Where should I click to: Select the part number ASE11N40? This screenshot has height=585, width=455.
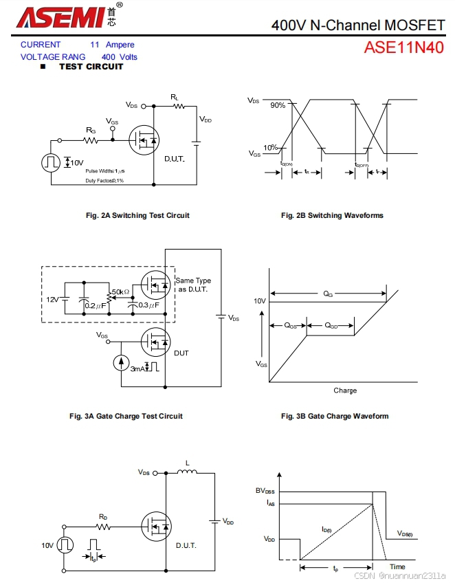(x=404, y=47)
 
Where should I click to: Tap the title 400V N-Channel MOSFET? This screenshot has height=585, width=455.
(x=357, y=25)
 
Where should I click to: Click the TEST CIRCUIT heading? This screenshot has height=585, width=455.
(x=91, y=67)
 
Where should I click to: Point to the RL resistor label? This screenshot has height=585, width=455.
(x=175, y=98)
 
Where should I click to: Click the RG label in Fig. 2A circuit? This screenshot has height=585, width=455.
(x=91, y=129)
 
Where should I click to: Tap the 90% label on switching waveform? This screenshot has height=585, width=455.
(x=278, y=105)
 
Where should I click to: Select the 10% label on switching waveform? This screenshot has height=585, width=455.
(x=271, y=147)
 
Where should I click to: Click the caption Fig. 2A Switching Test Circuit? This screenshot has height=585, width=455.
(x=137, y=215)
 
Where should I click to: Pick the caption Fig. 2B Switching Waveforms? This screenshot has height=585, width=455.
(x=332, y=215)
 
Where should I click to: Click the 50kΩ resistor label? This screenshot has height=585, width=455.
(x=121, y=292)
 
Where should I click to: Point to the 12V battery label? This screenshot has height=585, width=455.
(x=53, y=300)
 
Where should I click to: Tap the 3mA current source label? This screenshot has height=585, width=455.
(x=137, y=369)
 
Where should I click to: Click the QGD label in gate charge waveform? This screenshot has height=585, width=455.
(x=331, y=326)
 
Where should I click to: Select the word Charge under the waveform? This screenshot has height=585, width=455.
(x=345, y=390)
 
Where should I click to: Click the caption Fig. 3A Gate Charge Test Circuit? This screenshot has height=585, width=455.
(x=126, y=416)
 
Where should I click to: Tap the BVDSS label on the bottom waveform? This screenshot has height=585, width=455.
(x=266, y=491)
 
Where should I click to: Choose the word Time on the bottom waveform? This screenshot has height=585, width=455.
(x=398, y=566)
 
